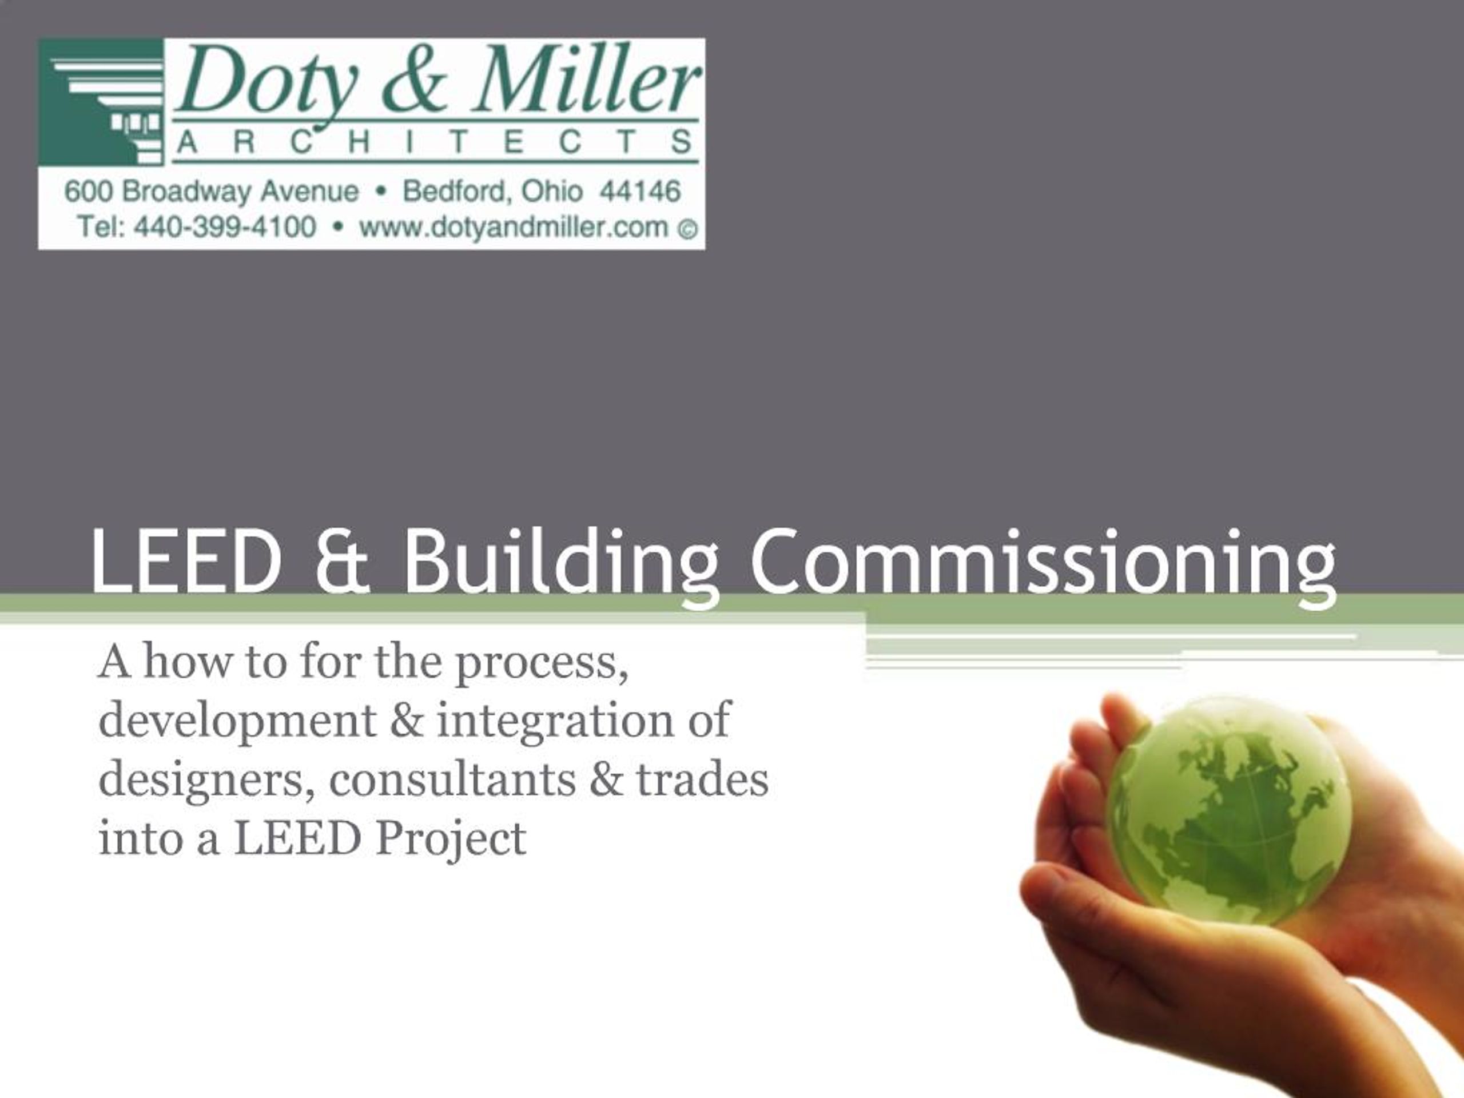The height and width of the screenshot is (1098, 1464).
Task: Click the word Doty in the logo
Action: [x=265, y=83]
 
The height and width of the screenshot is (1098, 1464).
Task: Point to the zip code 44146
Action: [x=639, y=192]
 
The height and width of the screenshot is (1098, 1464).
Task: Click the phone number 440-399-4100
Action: [x=225, y=227]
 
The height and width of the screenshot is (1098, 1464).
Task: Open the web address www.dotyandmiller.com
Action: [x=514, y=227]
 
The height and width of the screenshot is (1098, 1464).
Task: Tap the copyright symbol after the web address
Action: [x=687, y=229]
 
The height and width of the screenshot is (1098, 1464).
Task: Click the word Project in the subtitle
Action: [x=451, y=839]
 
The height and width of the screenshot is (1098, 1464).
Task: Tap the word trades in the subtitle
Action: [x=702, y=779]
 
